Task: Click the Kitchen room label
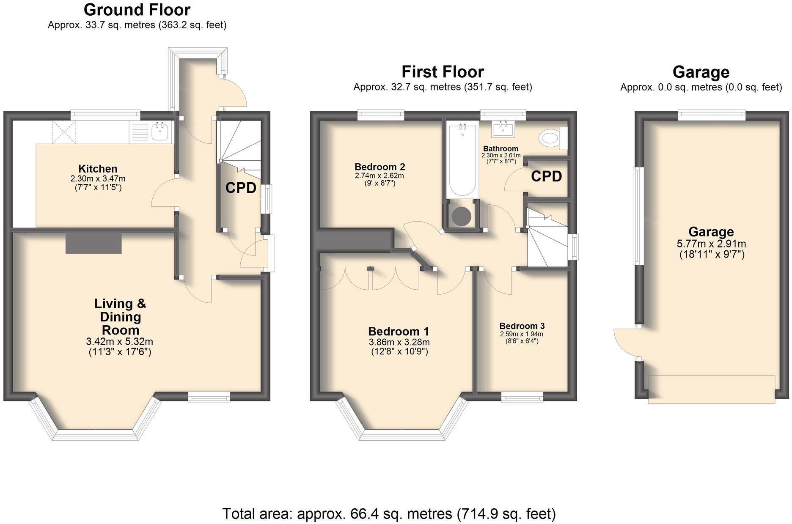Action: (x=98, y=169)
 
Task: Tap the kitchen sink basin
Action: (x=160, y=132)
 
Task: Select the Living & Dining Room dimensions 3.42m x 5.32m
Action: (x=119, y=341)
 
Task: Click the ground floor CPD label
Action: (x=241, y=188)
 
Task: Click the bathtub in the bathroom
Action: (x=462, y=159)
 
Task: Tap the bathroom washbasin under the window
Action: (x=503, y=129)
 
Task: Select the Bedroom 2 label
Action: (x=379, y=167)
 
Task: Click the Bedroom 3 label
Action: (x=522, y=326)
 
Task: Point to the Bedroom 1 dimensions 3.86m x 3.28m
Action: (x=399, y=342)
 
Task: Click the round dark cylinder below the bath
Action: (x=461, y=216)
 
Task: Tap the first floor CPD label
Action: (x=546, y=176)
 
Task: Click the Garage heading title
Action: (x=701, y=72)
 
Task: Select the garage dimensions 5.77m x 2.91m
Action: (x=711, y=244)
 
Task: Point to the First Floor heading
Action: (x=443, y=72)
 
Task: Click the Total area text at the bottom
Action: (x=389, y=513)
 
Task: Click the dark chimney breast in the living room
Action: (x=93, y=243)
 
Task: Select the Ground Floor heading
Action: (x=137, y=9)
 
